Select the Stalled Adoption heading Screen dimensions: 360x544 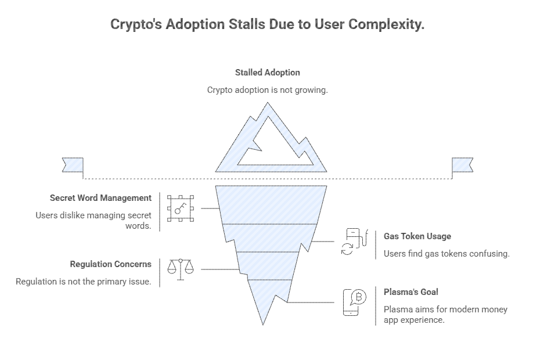click(268, 73)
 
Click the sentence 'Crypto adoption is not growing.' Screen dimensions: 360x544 click(268, 90)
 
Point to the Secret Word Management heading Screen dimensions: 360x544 click(100, 198)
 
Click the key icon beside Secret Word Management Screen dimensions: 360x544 click(181, 208)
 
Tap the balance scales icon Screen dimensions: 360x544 click(181, 269)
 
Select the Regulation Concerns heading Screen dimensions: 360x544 click(110, 264)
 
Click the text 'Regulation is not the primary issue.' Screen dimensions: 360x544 click(83, 282)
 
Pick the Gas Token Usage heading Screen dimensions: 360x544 click(417, 236)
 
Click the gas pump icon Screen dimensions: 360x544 click(354, 242)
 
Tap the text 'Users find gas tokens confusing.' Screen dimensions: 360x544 click(446, 254)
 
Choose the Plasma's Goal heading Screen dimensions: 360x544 click(410, 292)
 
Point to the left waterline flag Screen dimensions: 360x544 click(73, 165)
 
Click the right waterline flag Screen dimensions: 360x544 click(462, 165)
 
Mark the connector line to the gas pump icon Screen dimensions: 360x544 click(324, 242)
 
